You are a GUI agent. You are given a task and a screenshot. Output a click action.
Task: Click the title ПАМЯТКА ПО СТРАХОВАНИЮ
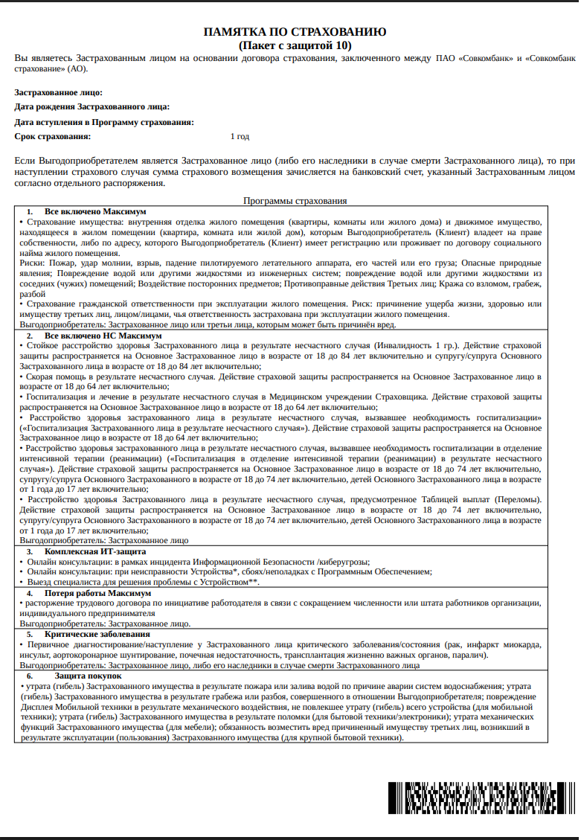click(x=295, y=32)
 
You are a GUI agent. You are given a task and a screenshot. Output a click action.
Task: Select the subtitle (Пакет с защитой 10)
click(x=295, y=45)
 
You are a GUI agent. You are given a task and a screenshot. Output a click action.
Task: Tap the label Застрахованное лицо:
click(x=59, y=93)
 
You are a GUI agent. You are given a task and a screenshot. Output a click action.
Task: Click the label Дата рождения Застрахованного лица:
click(x=92, y=107)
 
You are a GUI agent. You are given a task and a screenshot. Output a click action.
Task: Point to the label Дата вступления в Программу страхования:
click(x=105, y=122)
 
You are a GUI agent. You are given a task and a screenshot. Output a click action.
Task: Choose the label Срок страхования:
click(x=53, y=136)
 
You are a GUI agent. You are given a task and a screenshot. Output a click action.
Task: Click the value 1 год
click(x=240, y=136)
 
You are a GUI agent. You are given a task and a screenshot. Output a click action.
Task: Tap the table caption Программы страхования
click(x=295, y=201)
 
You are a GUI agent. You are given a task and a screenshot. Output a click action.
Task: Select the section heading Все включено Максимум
click(x=95, y=212)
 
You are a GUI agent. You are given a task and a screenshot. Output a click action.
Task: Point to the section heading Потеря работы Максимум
click(x=97, y=593)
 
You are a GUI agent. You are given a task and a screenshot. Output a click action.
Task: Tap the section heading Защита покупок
click(x=77, y=675)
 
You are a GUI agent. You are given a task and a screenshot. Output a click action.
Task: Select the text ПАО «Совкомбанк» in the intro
click(x=475, y=58)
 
